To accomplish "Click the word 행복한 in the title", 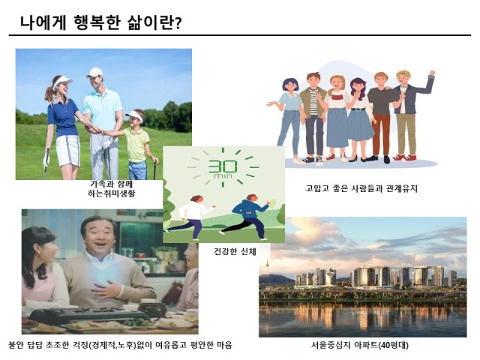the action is (x=96, y=22).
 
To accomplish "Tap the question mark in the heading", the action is (x=178, y=23).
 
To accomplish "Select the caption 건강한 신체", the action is (x=235, y=252).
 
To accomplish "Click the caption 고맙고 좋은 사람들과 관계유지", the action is (x=361, y=188).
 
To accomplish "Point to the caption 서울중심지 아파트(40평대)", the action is (x=360, y=345).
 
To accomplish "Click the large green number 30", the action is (x=223, y=166).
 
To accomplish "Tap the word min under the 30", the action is (x=223, y=176).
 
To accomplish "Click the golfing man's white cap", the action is (x=94, y=72).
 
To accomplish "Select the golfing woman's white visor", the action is (x=62, y=81).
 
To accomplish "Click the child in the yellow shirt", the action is (x=138, y=145).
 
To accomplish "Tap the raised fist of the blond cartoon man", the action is (x=432, y=73).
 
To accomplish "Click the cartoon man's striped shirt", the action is (x=313, y=102).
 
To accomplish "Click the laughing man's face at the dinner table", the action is (x=98, y=235).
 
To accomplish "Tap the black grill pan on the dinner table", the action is (x=88, y=316).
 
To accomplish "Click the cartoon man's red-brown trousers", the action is (x=381, y=134).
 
